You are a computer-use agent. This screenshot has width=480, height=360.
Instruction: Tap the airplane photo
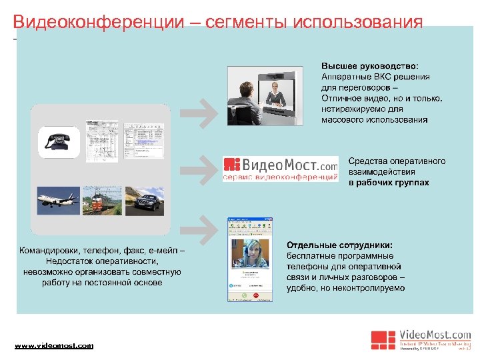57,200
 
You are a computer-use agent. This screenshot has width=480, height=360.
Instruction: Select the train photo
101,201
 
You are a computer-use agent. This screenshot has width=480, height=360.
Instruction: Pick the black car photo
145,201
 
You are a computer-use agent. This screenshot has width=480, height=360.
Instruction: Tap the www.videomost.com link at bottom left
54,345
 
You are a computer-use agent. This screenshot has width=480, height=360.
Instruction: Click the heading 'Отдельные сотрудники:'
339,245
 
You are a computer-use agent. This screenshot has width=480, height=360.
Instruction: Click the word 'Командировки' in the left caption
48,251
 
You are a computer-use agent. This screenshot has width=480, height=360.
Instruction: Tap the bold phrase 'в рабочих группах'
389,182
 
